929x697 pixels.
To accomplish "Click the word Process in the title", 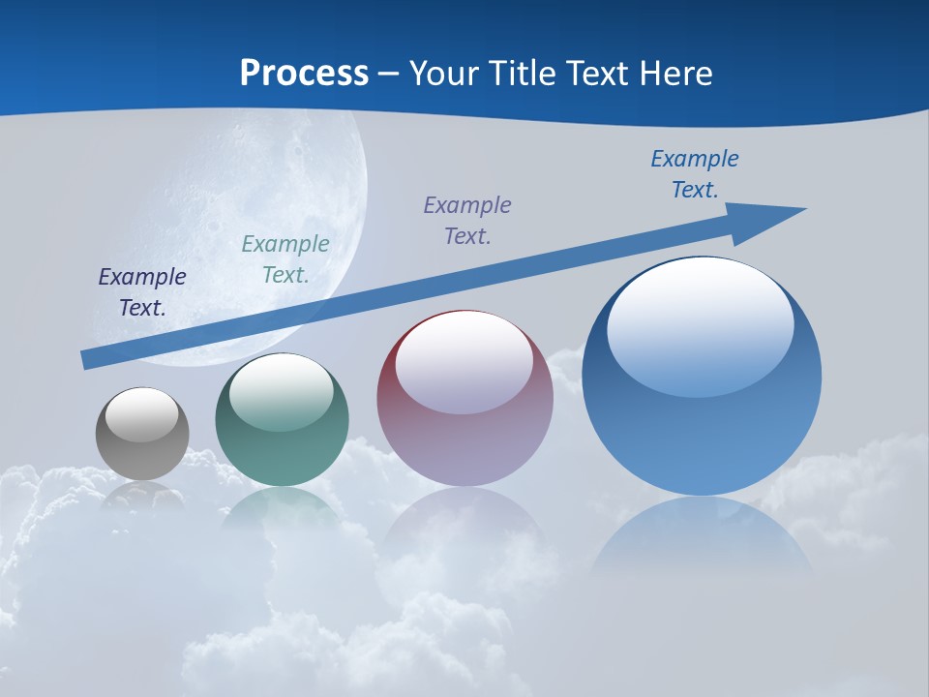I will (x=304, y=74).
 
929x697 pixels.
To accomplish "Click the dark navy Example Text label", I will (x=142, y=291).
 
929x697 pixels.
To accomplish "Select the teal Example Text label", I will (x=285, y=258).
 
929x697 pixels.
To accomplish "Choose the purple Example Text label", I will (x=467, y=220).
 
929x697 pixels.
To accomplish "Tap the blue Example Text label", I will (x=695, y=173).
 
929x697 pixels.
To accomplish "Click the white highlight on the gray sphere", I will (x=142, y=414).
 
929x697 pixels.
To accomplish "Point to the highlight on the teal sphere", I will (x=282, y=392).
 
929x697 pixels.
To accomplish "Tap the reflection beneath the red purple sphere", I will (x=464, y=528).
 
